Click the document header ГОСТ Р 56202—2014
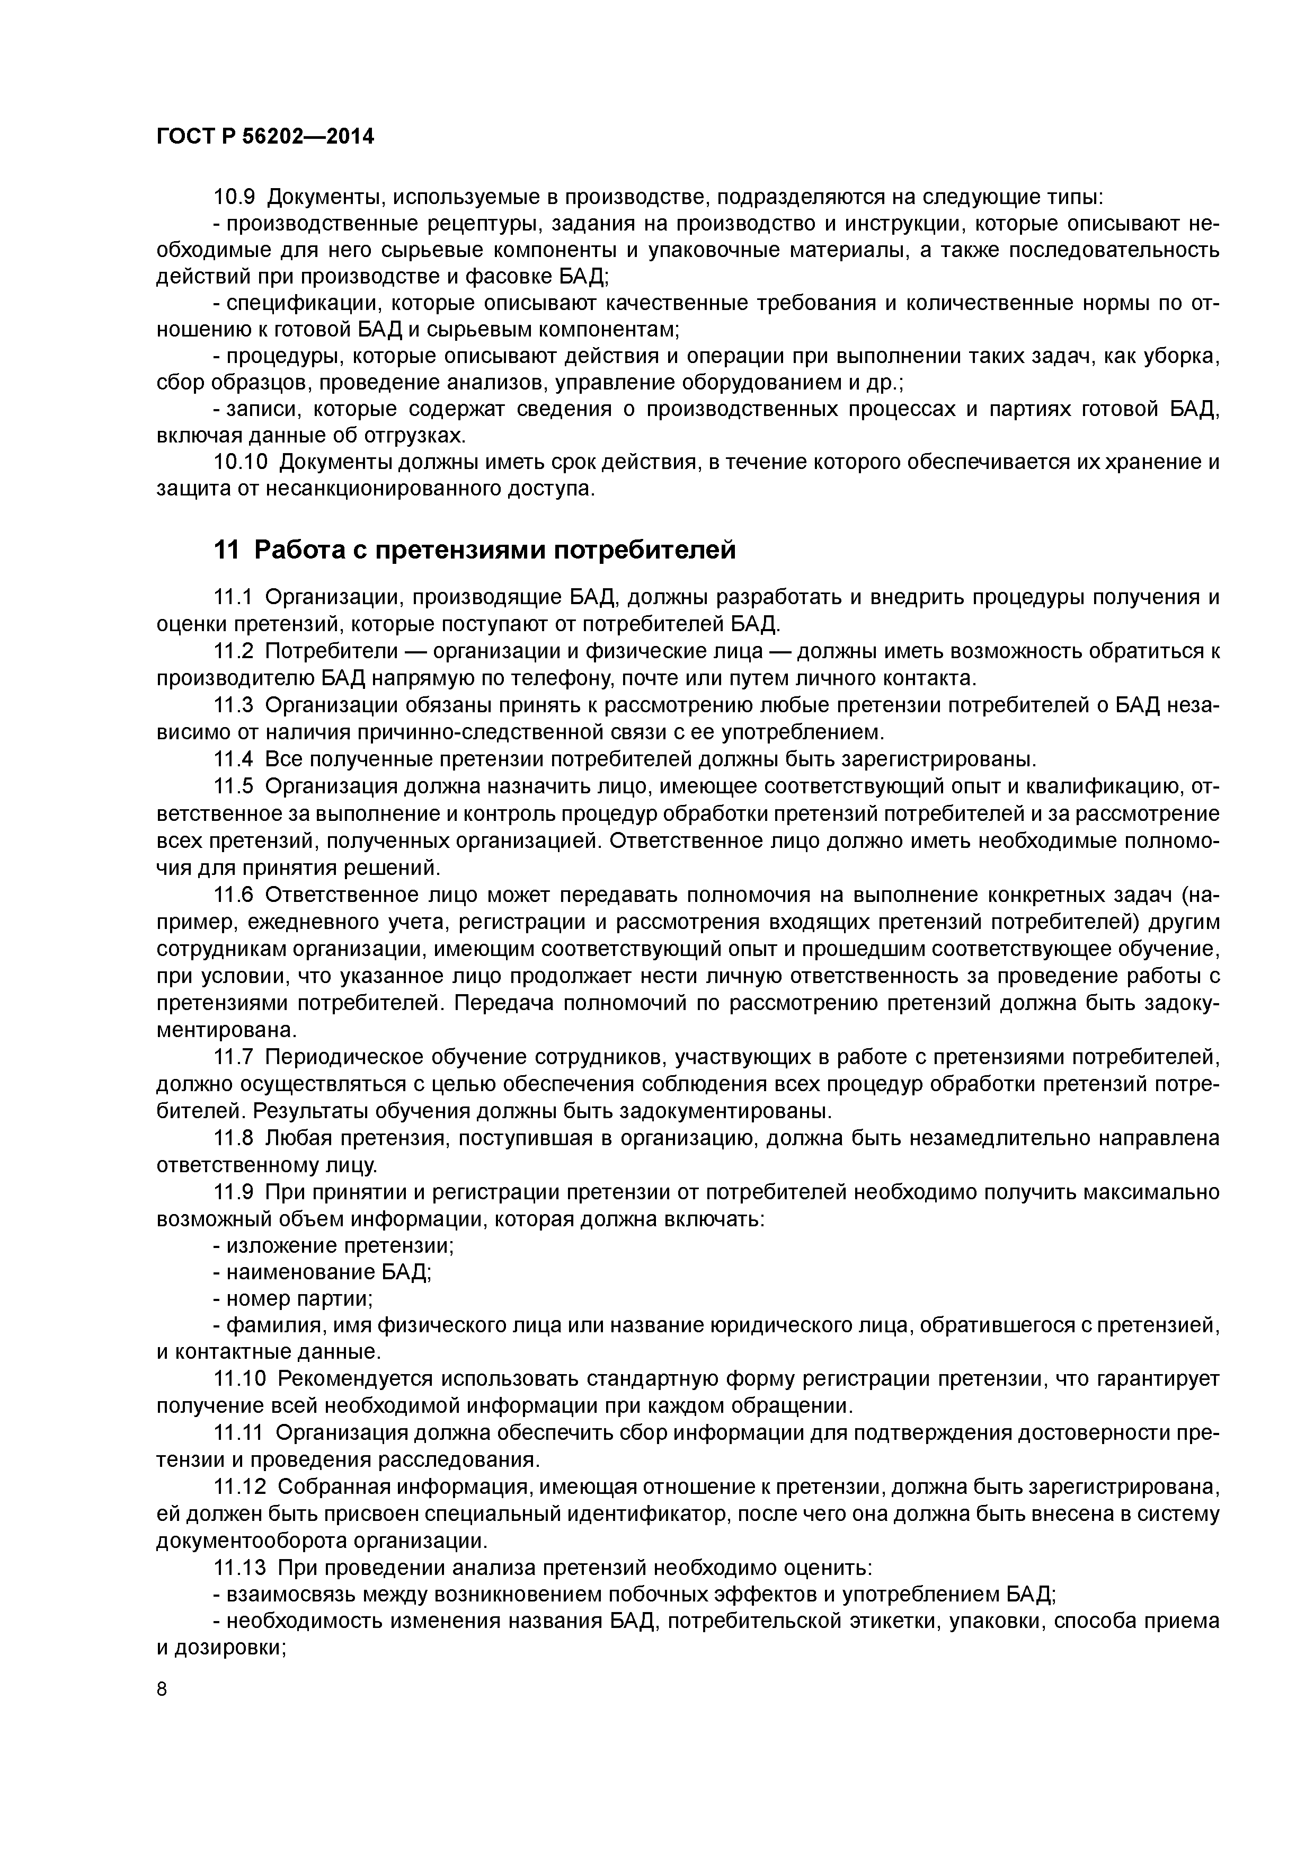coord(265,137)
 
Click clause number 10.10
coord(239,462)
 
